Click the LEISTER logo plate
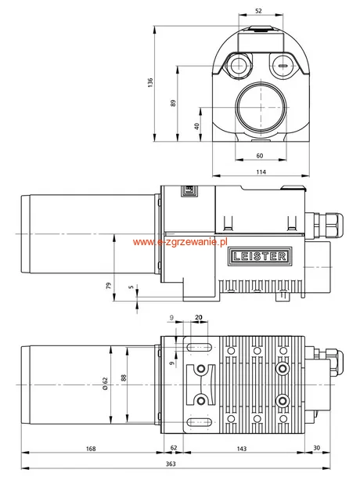tap(260, 256)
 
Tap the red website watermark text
tap(180, 242)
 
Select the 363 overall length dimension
tap(171, 464)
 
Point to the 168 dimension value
tap(91, 449)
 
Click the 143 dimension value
tap(242, 449)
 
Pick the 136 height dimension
tap(150, 82)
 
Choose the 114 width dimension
tap(261, 172)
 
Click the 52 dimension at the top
tap(258, 10)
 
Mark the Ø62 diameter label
tap(105, 384)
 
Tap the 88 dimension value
tap(124, 378)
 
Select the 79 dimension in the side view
tap(108, 286)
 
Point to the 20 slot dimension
tap(199, 317)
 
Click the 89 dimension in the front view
tap(173, 103)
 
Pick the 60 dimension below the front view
tap(260, 156)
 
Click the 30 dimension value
tap(316, 448)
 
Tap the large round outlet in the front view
tap(261, 107)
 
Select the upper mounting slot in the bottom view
tap(200, 347)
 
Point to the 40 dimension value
tap(196, 126)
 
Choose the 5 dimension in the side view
tap(131, 287)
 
